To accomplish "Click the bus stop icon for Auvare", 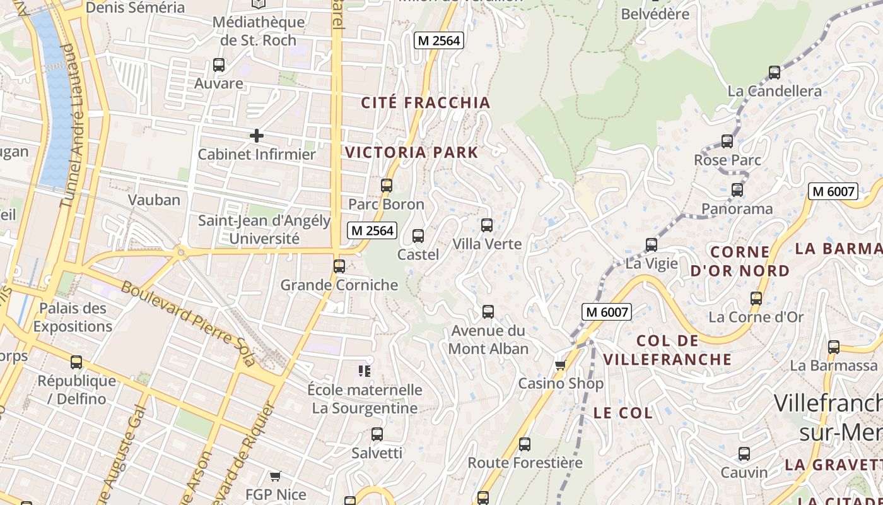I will coord(219,64).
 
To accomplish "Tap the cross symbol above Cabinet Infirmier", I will coord(257,135).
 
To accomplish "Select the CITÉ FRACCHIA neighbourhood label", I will coord(426,103).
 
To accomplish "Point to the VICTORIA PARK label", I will coord(412,152).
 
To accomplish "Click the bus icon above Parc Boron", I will coord(387,186).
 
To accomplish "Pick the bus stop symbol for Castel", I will coord(418,236).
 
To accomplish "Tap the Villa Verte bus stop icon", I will coord(487,225).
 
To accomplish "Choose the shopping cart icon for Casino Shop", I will coord(560,365).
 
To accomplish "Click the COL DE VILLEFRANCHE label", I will coord(667,350).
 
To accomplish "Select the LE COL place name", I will coord(623,413).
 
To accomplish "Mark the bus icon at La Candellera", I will coord(775,73).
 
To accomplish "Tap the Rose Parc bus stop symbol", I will coord(727,141).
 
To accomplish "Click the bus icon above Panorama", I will coord(737,189).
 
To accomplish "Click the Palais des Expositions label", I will coord(73,318).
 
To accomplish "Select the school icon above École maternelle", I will coord(364,371).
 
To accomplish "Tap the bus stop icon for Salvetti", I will coord(377,434).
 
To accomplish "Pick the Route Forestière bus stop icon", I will coord(525,444).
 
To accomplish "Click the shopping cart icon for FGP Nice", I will coord(275,476).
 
